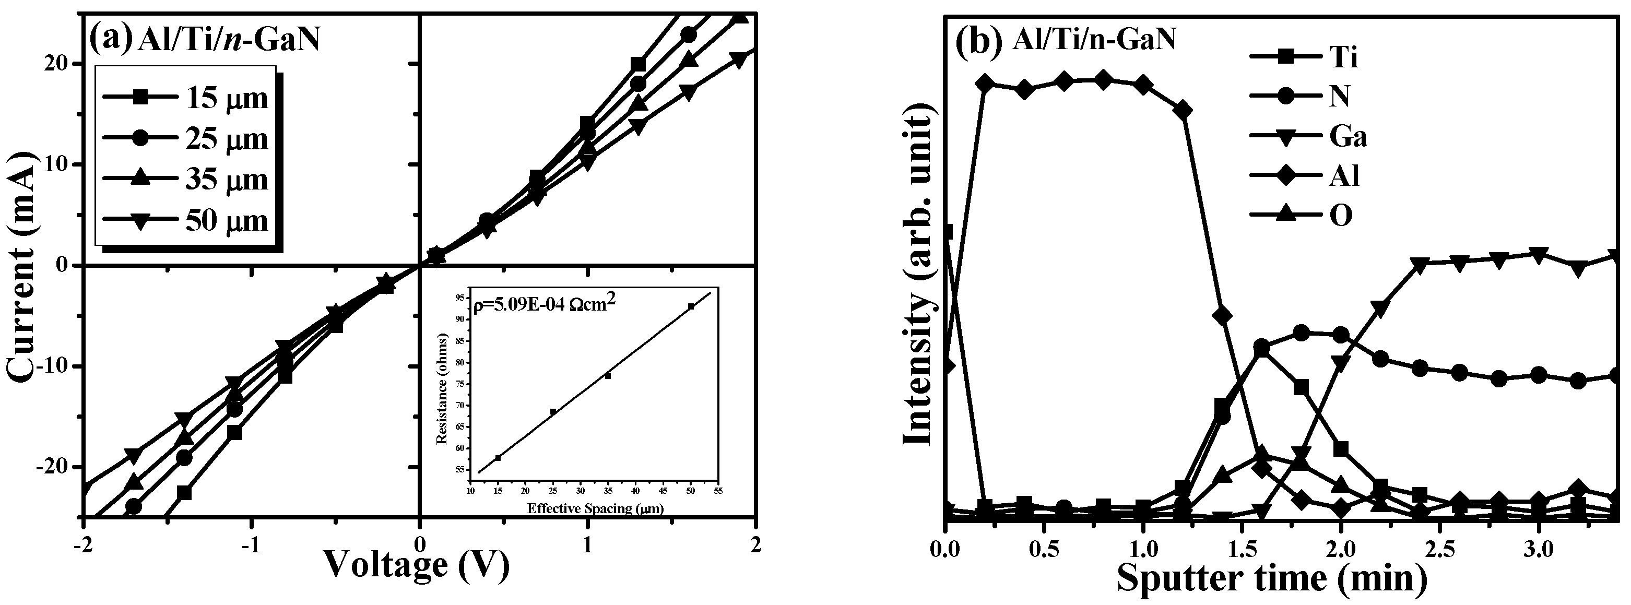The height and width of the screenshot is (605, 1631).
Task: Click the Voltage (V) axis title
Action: click(417, 566)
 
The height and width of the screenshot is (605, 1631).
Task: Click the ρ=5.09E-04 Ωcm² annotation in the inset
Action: click(545, 305)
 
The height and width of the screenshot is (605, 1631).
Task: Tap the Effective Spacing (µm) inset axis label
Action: click(595, 508)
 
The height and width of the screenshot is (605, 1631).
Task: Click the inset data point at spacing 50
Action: click(691, 306)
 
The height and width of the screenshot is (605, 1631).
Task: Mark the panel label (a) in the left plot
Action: click(110, 39)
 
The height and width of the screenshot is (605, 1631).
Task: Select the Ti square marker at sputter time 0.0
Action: click(947, 232)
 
